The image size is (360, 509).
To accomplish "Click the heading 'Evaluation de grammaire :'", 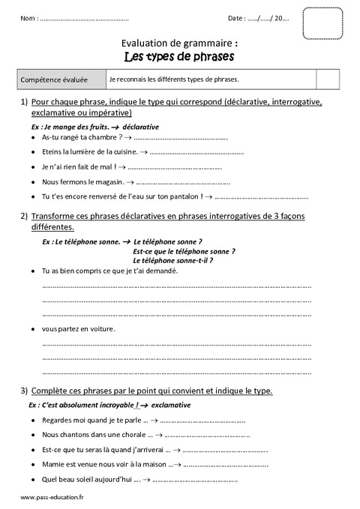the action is pyautogui.click(x=179, y=43).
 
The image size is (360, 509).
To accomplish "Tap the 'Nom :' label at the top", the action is pyautogui.click(x=28, y=18).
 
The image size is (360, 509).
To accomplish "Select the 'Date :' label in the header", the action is pyautogui.click(x=235, y=18).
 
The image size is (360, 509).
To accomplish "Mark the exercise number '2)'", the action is pyautogui.click(x=25, y=216).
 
